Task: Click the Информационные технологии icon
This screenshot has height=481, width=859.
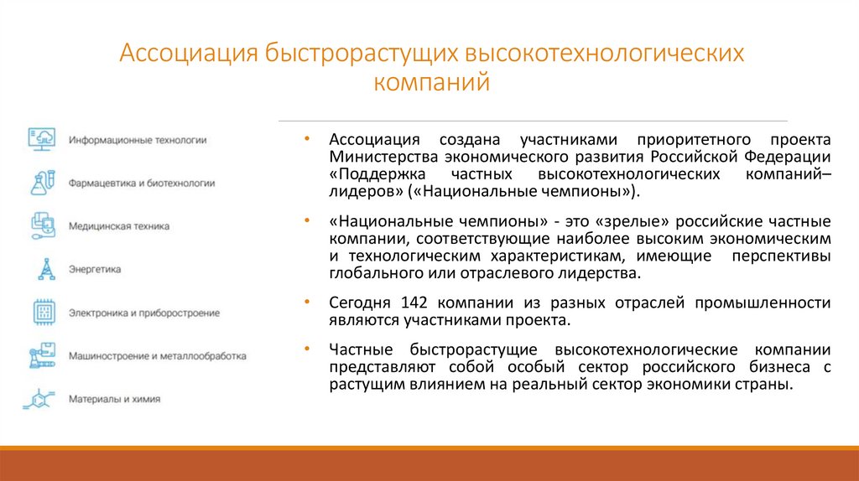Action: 41,139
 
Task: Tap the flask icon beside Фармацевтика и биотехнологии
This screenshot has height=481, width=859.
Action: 42,182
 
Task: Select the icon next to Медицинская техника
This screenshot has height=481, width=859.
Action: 42,225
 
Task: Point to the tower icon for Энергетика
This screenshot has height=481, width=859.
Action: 43,269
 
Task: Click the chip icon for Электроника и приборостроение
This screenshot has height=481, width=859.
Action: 43,313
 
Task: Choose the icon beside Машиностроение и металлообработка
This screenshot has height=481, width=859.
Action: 42,355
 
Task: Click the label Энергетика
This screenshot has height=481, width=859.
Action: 96,270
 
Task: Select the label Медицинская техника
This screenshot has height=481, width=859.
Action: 119,226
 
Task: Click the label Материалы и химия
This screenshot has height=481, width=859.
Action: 115,400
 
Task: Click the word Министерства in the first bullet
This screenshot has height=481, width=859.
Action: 373,157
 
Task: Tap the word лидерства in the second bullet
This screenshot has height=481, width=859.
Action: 599,273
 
